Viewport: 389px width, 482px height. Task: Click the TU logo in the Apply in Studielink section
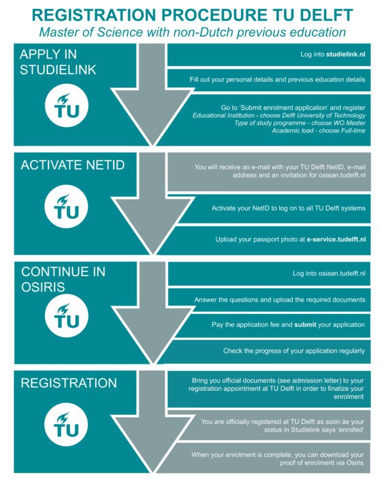67,106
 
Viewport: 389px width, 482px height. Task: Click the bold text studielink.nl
345,54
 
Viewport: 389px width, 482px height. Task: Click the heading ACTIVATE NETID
72,165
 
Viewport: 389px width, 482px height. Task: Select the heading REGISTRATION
68,383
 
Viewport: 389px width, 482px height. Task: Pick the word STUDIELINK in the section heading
58,69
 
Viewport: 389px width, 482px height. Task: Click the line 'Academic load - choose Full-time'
318,130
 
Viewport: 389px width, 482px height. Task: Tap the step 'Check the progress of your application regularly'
294,351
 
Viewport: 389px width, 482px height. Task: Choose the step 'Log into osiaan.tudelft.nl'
328,273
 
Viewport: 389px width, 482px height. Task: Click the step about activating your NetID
288,208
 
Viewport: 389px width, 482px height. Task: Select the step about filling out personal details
277,80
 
